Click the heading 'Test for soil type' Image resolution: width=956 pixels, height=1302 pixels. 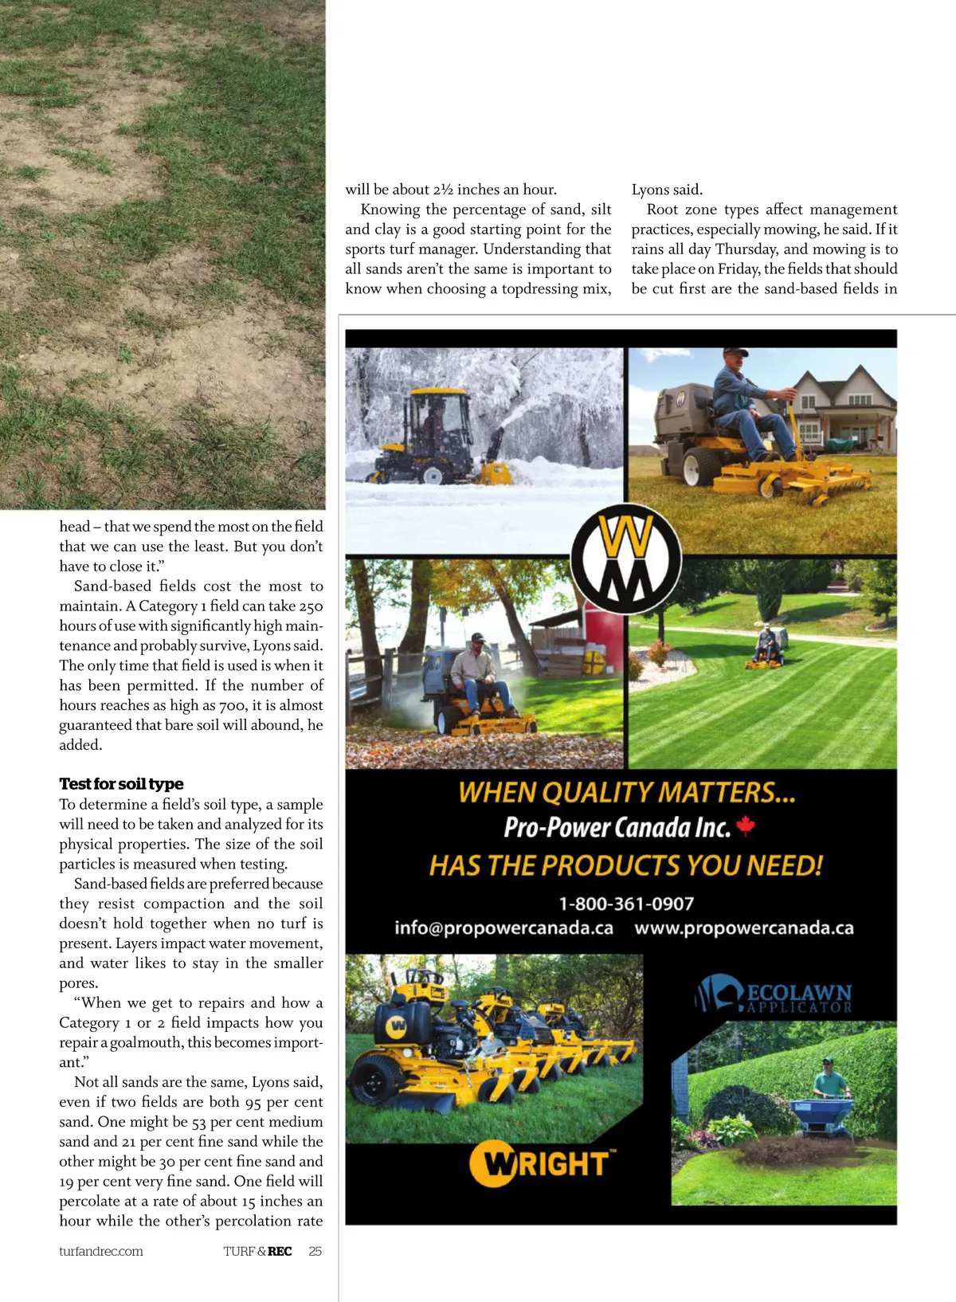click(x=121, y=784)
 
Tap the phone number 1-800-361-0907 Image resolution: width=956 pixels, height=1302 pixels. click(x=626, y=904)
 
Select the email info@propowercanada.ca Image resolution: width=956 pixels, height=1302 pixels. click(x=503, y=928)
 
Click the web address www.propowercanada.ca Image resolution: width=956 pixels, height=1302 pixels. click(x=744, y=928)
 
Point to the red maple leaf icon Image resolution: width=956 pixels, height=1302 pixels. click(x=746, y=826)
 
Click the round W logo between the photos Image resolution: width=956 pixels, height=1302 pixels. click(x=626, y=558)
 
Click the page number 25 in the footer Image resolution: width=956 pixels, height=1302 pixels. click(x=315, y=1251)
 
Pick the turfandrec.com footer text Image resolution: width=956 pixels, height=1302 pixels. click(x=101, y=1251)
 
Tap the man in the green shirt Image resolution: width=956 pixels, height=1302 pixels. click(x=830, y=1079)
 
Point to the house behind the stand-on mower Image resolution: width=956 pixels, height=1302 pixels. click(x=844, y=414)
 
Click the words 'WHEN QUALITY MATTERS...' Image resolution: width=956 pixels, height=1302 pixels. click(x=626, y=792)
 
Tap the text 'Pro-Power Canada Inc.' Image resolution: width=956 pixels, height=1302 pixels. click(x=617, y=827)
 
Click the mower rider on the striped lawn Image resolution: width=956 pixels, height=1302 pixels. click(x=766, y=646)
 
